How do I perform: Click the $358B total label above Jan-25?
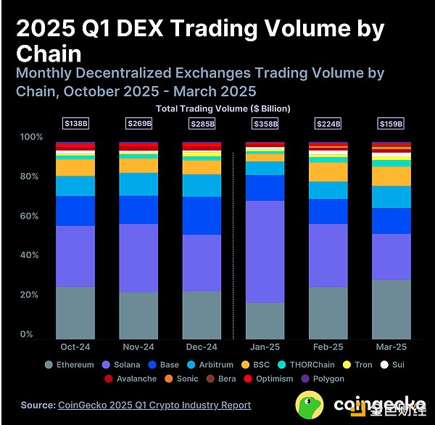click(265, 124)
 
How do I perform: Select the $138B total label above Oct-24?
click(75, 124)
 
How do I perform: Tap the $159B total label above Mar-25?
click(391, 124)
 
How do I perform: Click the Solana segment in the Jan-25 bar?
click(265, 251)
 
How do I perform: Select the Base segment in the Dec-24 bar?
click(202, 215)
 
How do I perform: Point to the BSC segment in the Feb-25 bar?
click(328, 172)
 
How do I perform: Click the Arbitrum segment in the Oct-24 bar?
click(75, 186)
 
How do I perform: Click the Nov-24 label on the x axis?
click(138, 348)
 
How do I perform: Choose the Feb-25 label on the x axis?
click(328, 348)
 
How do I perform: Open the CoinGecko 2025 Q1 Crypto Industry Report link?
click(155, 405)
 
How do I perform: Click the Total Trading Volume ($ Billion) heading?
click(223, 109)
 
